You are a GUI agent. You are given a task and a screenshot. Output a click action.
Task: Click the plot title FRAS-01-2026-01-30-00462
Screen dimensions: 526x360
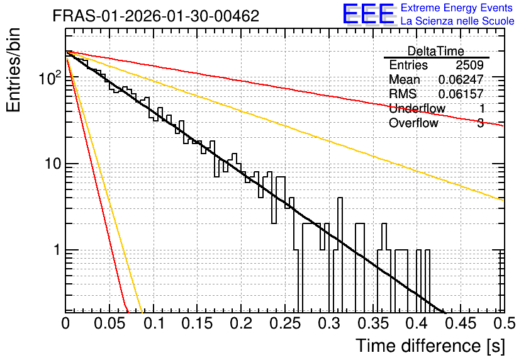[156, 16]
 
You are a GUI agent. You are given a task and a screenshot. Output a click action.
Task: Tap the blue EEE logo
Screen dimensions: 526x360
[369, 14]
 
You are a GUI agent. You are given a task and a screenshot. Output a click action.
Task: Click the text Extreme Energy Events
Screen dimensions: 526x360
[457, 8]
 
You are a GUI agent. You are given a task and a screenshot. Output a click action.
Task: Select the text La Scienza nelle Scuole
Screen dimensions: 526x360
[457, 21]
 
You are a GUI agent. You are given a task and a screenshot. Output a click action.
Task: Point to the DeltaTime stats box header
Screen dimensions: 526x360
[436, 51]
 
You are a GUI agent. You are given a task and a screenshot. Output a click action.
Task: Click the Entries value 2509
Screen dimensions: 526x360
[469, 65]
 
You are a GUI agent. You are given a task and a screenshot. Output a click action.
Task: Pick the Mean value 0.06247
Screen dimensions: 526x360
[461, 79]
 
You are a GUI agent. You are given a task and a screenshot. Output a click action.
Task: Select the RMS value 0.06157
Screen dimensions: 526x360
[461, 94]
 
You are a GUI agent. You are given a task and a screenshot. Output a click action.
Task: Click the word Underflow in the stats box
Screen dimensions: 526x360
[417, 108]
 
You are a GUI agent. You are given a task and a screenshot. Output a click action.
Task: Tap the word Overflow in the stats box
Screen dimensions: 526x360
[413, 123]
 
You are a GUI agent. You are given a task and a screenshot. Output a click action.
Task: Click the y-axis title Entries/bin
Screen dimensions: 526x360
[13, 70]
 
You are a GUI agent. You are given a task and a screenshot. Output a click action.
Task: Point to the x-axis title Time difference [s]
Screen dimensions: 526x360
[430, 346]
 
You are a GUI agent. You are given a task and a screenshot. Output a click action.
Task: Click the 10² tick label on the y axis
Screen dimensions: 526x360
[50, 77]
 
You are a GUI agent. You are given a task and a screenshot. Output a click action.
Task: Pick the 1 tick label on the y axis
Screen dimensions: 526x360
[57, 250]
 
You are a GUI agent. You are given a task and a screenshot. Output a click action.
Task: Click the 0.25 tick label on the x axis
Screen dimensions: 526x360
[285, 323]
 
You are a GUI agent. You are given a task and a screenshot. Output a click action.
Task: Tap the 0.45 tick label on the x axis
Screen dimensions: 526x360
[461, 323]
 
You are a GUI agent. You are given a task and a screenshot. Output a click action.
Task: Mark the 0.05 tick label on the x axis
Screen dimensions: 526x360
[109, 323]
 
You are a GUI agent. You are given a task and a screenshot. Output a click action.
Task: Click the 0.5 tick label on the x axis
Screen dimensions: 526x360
[504, 323]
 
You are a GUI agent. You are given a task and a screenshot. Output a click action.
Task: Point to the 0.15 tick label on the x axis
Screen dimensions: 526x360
[198, 323]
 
